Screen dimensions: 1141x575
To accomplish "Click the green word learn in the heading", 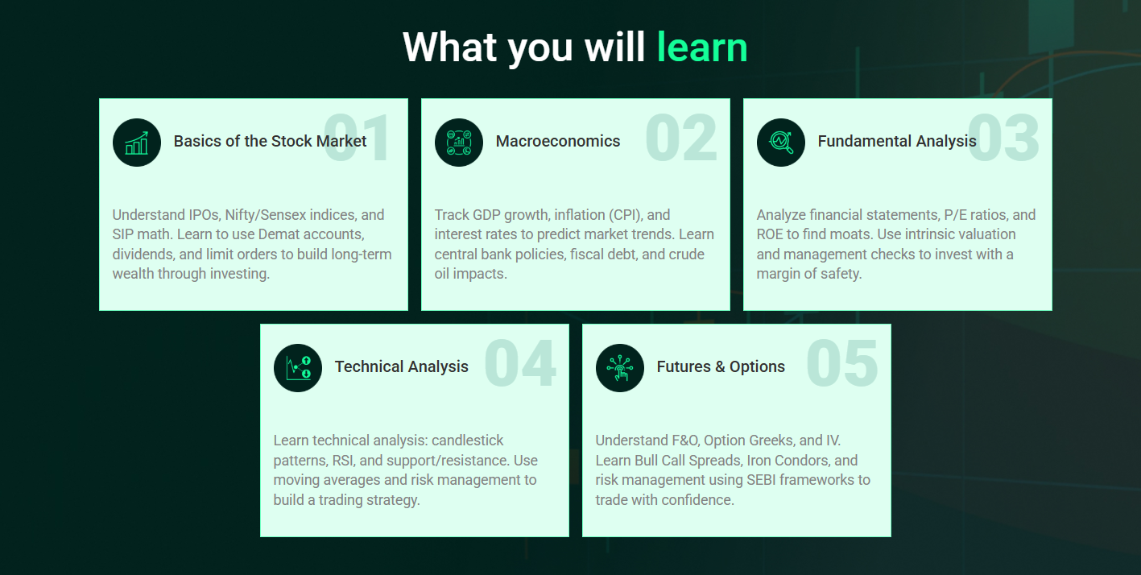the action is [702, 48].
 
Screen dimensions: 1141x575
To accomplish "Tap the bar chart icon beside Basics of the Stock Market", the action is [137, 143].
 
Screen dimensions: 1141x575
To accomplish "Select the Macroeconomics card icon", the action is [458, 143].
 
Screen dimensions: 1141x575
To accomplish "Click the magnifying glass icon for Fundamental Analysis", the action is [781, 143].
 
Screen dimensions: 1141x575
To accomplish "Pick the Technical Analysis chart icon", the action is [297, 368].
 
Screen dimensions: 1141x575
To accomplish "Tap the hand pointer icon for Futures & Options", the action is [620, 368].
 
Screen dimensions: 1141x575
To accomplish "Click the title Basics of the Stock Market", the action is [270, 141].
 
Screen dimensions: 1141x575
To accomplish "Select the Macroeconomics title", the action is [558, 141].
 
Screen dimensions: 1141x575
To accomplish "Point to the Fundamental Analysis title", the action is [897, 141].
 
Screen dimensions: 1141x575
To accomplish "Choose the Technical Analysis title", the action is [401, 366].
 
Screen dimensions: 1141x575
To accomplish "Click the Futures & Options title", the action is [721, 366].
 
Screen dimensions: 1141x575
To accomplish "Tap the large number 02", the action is [681, 138].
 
